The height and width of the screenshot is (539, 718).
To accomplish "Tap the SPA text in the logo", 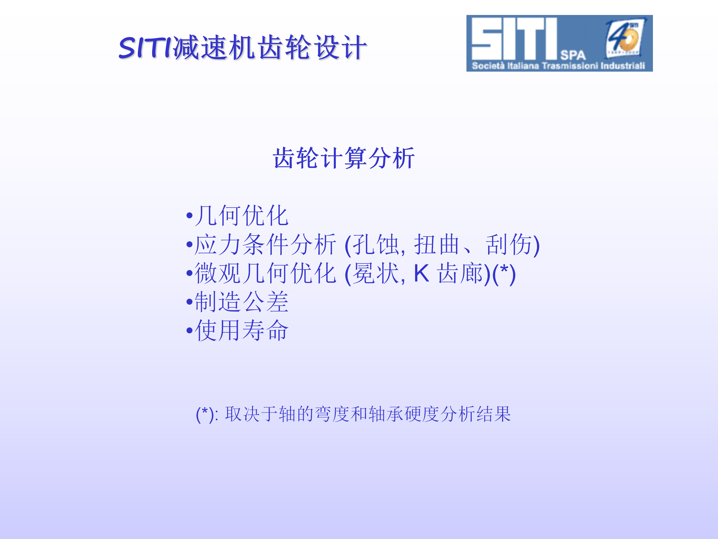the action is click(573, 55).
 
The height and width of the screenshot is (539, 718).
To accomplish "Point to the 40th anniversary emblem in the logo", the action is click(625, 37).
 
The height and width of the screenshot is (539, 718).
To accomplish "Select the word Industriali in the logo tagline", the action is click(623, 66).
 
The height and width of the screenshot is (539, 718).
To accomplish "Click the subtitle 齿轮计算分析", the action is click(344, 158).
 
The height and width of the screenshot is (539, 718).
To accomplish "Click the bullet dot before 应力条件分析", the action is click(189, 244).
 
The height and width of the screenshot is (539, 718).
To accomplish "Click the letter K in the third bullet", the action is click(421, 273).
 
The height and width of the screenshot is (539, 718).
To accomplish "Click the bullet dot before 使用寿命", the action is click(189, 331).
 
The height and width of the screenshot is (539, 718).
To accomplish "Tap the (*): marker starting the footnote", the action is click(207, 414).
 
